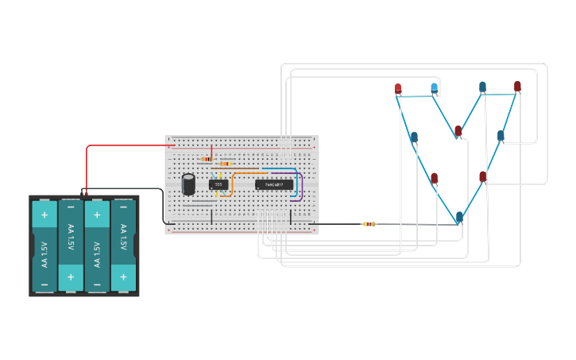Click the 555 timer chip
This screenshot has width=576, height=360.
tap(218, 184)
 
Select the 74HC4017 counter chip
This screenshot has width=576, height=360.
tap(274, 184)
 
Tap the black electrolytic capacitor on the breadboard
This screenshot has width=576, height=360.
tap(189, 184)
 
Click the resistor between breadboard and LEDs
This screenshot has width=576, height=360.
tap(369, 224)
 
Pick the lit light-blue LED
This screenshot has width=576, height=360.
tap(434, 87)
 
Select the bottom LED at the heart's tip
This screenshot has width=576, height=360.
tap(459, 216)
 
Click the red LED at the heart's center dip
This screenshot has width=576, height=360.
tap(458, 130)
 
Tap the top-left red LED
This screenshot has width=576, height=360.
tap(398, 88)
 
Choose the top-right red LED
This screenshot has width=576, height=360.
tap(517, 86)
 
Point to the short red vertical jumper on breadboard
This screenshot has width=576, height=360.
tap(211, 152)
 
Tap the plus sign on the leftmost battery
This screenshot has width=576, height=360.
tap(44, 215)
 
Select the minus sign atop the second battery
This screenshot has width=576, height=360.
tap(71, 214)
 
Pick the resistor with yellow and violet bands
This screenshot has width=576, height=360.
tap(226, 164)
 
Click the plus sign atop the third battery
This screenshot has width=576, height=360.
tap(97, 215)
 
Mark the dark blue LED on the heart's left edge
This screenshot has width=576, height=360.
tap(414, 137)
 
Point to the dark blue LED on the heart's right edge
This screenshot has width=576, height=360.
tap(501, 136)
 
